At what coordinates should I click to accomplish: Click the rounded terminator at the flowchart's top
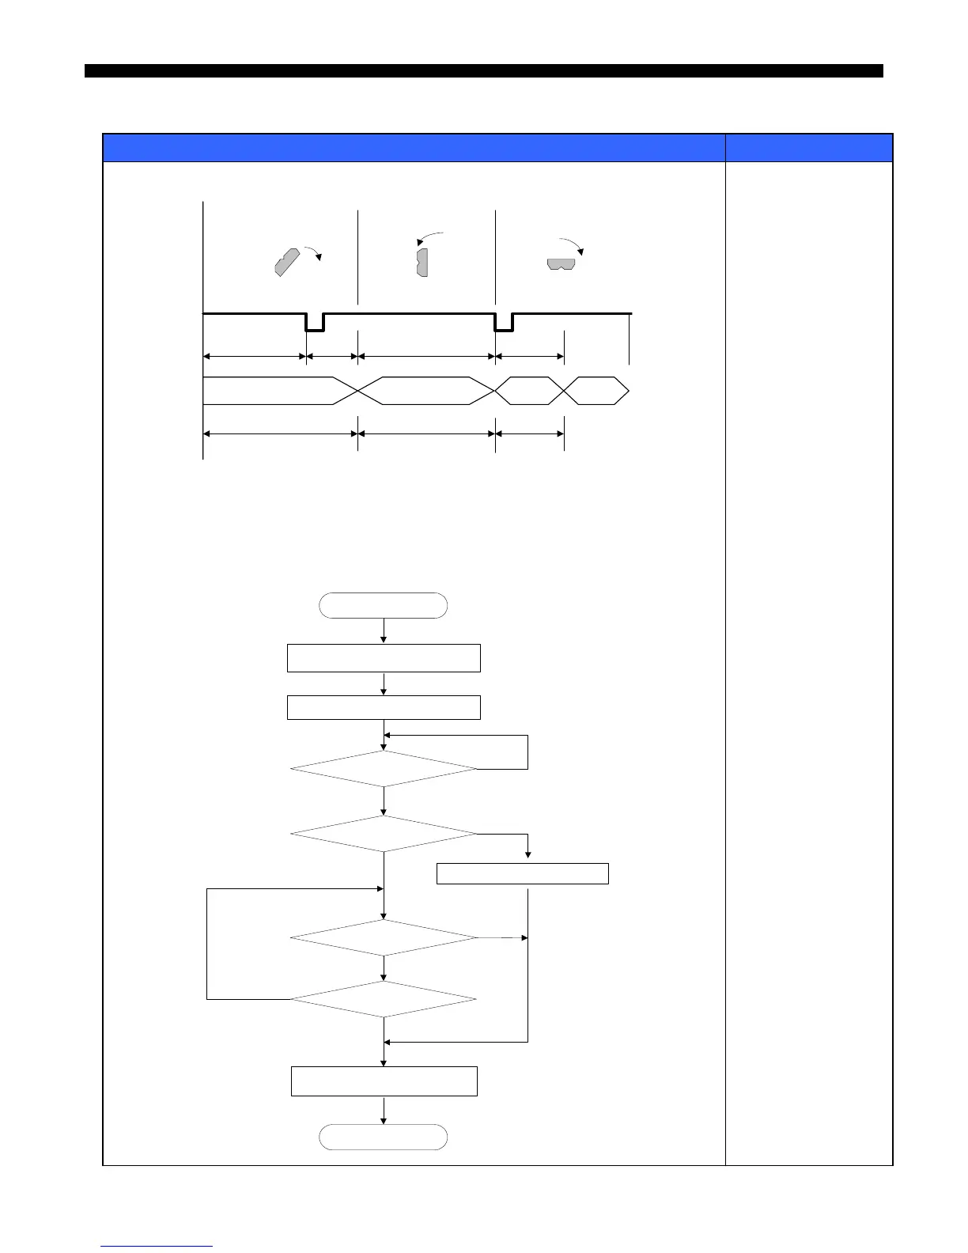point(383,606)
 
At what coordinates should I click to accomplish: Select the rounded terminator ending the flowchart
point(383,1137)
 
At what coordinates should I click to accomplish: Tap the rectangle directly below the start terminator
point(384,658)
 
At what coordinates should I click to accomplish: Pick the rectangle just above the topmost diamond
point(384,707)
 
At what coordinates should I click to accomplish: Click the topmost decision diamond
point(384,768)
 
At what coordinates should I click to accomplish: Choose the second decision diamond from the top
point(384,834)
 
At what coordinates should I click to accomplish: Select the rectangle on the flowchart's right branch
point(523,873)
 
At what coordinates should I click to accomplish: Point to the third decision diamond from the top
point(384,938)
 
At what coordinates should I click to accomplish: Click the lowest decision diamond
point(384,999)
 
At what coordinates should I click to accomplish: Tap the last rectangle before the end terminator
point(384,1081)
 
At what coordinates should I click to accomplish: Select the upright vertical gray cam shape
point(422,262)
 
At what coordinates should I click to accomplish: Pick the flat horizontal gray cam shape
point(562,263)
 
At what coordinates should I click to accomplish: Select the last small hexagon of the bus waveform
point(596,391)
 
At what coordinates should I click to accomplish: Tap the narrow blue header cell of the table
point(809,148)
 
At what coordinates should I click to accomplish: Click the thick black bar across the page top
point(484,71)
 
